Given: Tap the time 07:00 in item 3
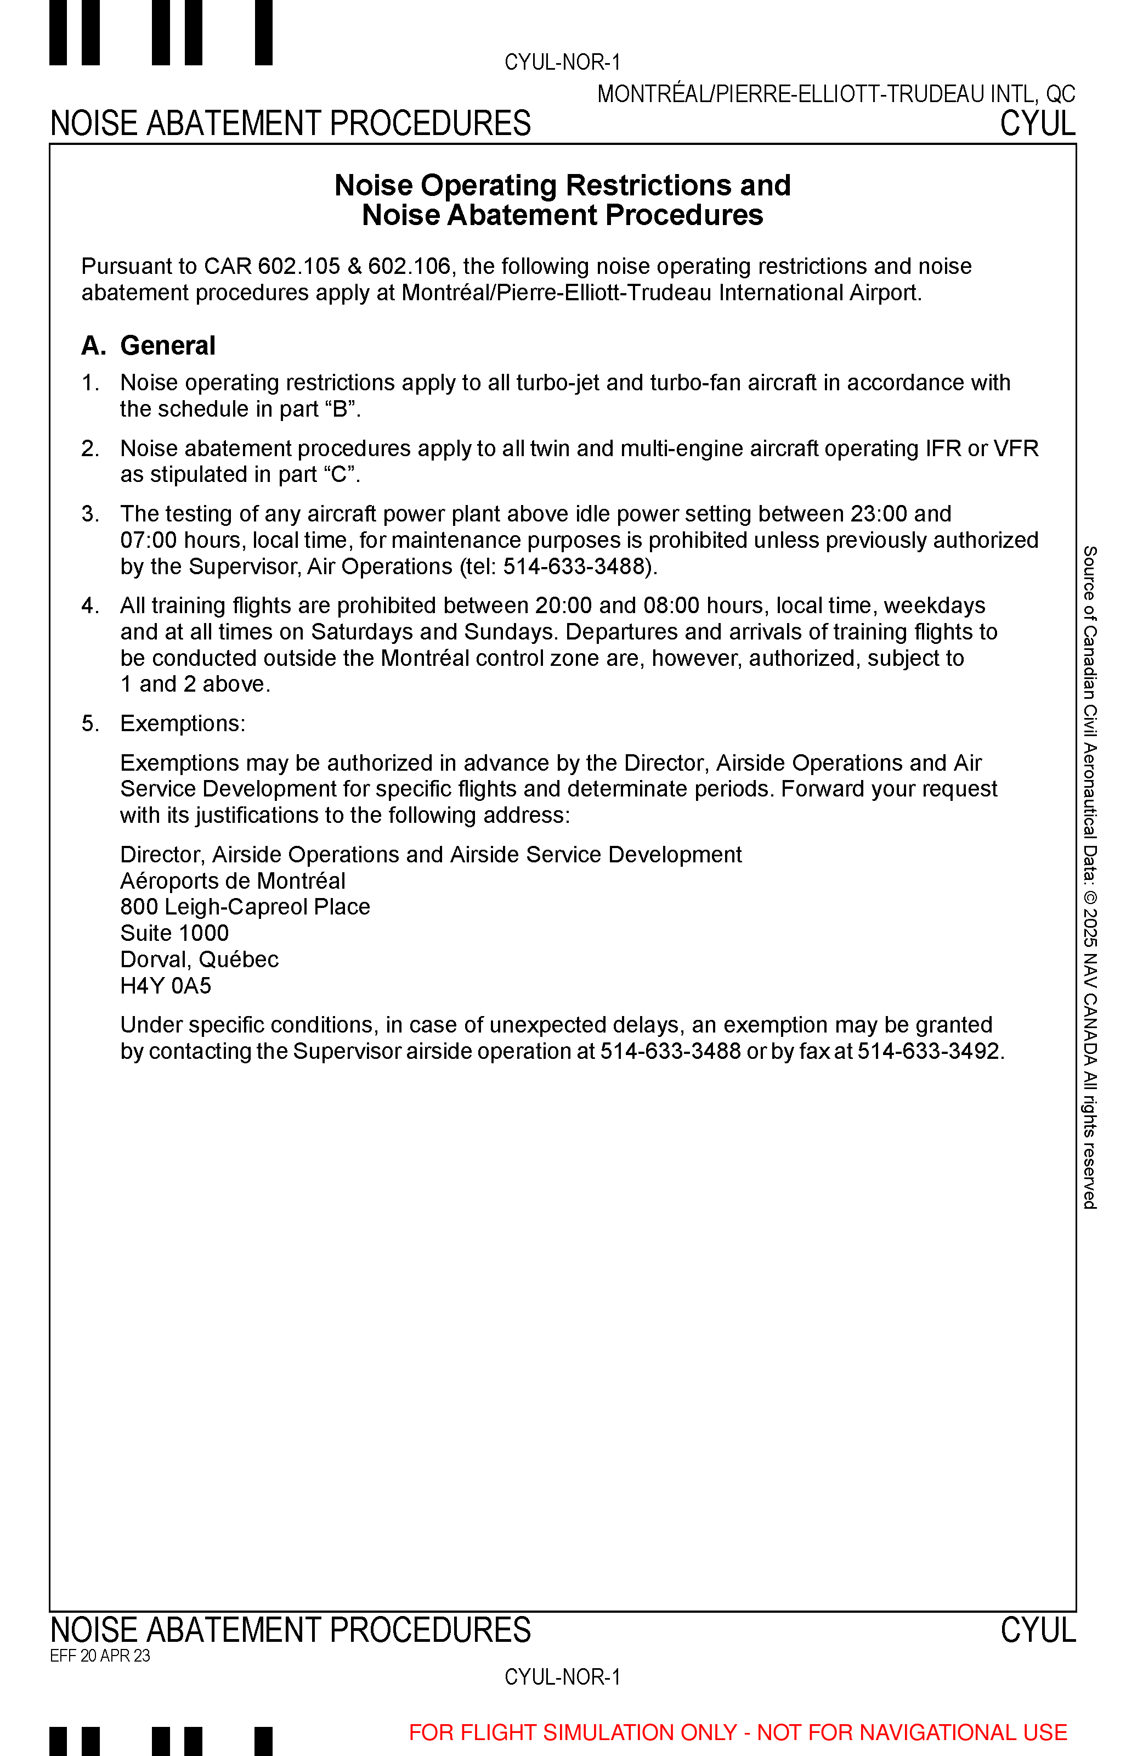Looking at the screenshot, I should click(x=149, y=540).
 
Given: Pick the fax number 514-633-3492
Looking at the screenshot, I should click(x=929, y=1051).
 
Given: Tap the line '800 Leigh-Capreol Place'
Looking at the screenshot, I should click(x=245, y=906).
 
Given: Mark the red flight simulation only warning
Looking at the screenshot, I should click(x=738, y=1732).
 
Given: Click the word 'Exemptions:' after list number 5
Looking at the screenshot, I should click(x=183, y=723).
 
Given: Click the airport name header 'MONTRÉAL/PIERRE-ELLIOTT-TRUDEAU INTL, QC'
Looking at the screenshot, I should click(x=836, y=94).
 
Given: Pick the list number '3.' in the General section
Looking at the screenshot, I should click(x=90, y=514).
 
